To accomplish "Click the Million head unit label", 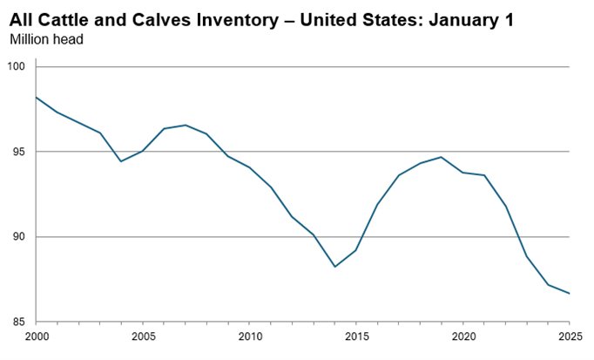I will pyautogui.click(x=45, y=39).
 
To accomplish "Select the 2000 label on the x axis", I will pyautogui.click(x=36, y=336).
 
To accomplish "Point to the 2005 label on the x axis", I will pyautogui.click(x=143, y=336).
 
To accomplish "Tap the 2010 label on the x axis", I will pyautogui.click(x=249, y=336).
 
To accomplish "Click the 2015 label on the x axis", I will pyautogui.click(x=356, y=336).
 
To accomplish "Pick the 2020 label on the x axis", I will pyautogui.click(x=463, y=336).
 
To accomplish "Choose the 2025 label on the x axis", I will pyautogui.click(x=570, y=336).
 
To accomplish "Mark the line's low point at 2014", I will pyautogui.click(x=334, y=267).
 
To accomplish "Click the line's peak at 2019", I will pyautogui.click(x=442, y=157).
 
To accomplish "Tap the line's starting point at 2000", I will pyautogui.click(x=36, y=97).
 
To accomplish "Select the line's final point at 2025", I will pyautogui.click(x=570, y=293).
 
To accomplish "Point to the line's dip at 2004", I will pyautogui.click(x=121, y=161).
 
